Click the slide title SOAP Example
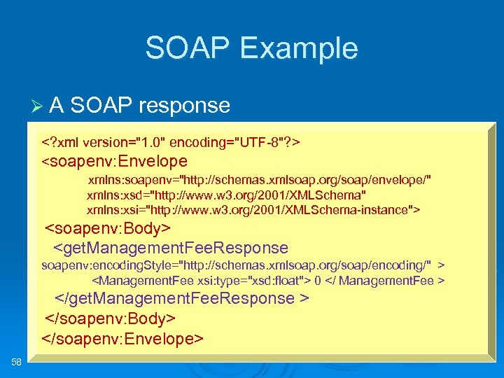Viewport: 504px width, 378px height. pyautogui.click(x=251, y=48)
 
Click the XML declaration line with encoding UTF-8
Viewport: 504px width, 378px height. pyautogui.click(x=171, y=143)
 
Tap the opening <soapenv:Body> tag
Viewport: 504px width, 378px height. pyautogui.click(x=108, y=230)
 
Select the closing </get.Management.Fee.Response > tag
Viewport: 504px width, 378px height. pyautogui.click(x=182, y=299)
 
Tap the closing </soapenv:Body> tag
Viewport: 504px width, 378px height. pyautogui.click(x=110, y=318)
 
